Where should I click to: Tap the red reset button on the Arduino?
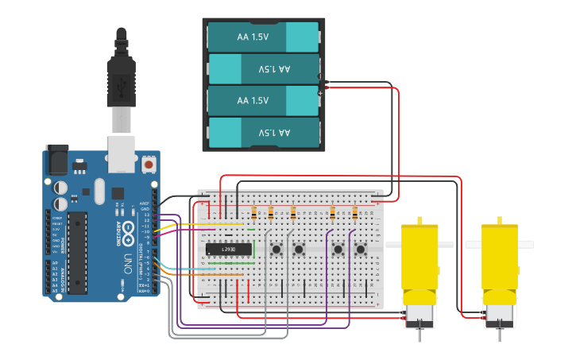point(149,165)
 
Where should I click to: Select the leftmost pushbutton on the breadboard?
point(276,250)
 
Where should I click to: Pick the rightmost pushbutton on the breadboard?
point(360,250)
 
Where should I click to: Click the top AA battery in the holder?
point(263,37)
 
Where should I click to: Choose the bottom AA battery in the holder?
point(263,132)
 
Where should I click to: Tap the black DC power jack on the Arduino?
point(56,159)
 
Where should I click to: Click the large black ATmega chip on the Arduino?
point(77,252)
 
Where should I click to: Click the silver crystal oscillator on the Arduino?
point(99,191)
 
